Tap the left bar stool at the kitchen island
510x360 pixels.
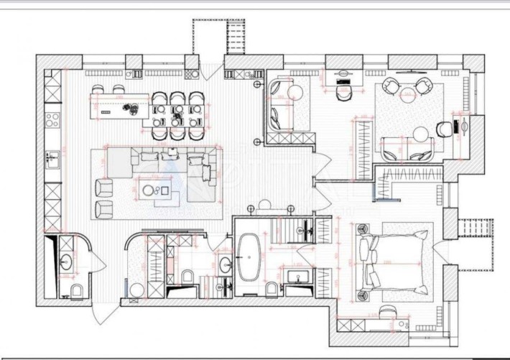click(99, 91)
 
